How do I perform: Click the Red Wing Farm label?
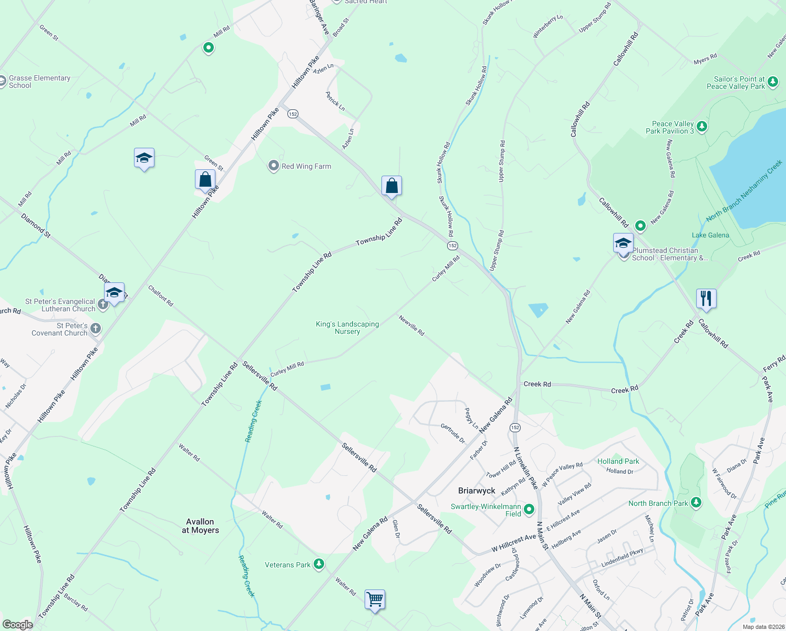[x=306, y=166]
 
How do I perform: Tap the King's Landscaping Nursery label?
[x=347, y=328]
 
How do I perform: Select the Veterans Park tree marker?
[x=318, y=564]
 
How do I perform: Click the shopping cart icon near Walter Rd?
[x=375, y=599]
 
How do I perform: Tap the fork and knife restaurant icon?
[x=706, y=299]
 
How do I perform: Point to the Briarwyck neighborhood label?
[x=477, y=491]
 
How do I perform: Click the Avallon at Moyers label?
[x=200, y=526]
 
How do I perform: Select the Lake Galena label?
[x=710, y=235]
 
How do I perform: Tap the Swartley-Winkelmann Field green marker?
[x=529, y=509]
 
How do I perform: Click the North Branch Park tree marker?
[x=696, y=503]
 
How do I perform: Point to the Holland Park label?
[x=618, y=461]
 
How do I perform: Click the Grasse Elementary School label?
[x=39, y=82]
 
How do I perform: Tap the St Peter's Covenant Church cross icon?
[x=95, y=329]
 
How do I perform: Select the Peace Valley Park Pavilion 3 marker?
[x=702, y=126]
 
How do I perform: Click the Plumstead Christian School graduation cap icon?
[x=623, y=243]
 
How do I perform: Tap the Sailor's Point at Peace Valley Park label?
[x=739, y=83]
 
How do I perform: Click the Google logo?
[x=18, y=624]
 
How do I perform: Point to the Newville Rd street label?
[x=411, y=325]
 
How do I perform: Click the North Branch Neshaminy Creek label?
[x=744, y=191]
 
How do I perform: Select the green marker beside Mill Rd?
[x=209, y=48]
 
